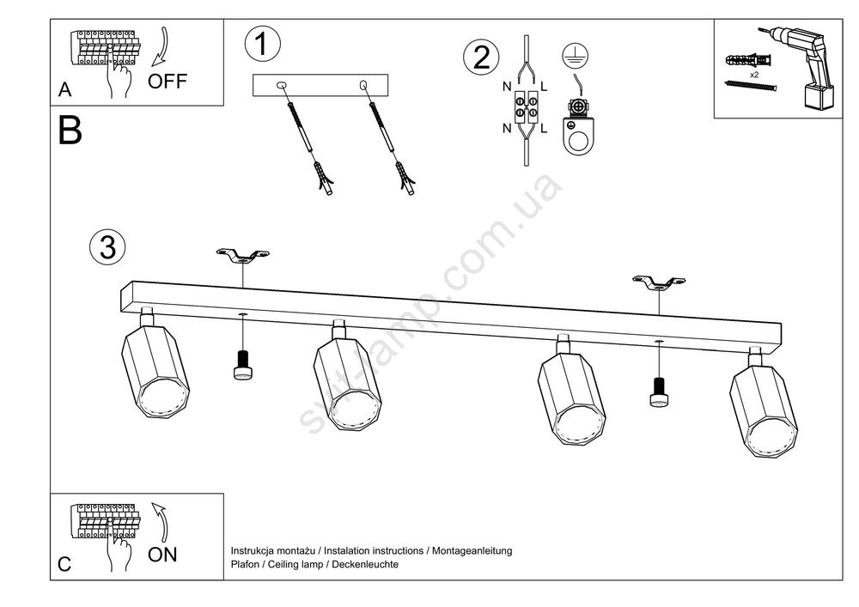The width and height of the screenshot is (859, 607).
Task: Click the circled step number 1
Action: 262,44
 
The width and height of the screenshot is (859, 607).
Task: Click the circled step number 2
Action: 480,57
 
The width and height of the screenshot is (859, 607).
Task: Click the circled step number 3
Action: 107,247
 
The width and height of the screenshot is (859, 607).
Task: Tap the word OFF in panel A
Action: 167,82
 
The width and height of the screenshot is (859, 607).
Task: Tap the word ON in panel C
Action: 162,555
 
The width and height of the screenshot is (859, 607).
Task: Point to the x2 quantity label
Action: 753,76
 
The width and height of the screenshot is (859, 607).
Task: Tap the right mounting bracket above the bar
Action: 658,281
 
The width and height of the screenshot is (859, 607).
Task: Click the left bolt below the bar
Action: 243,364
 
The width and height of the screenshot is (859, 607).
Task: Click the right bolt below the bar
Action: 658,391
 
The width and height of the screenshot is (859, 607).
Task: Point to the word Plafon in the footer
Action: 246,564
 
